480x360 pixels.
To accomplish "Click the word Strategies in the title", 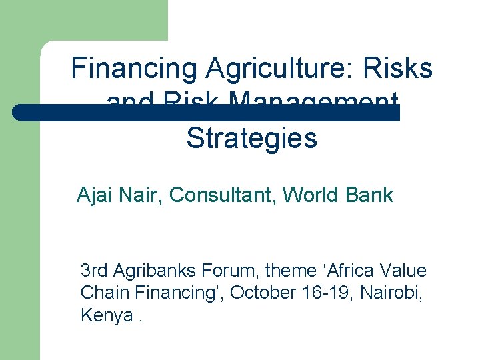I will tap(251, 138).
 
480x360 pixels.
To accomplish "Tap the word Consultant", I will tap(223, 195).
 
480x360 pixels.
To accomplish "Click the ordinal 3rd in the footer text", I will tap(94, 271).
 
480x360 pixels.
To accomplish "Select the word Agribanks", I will tap(154, 271).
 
